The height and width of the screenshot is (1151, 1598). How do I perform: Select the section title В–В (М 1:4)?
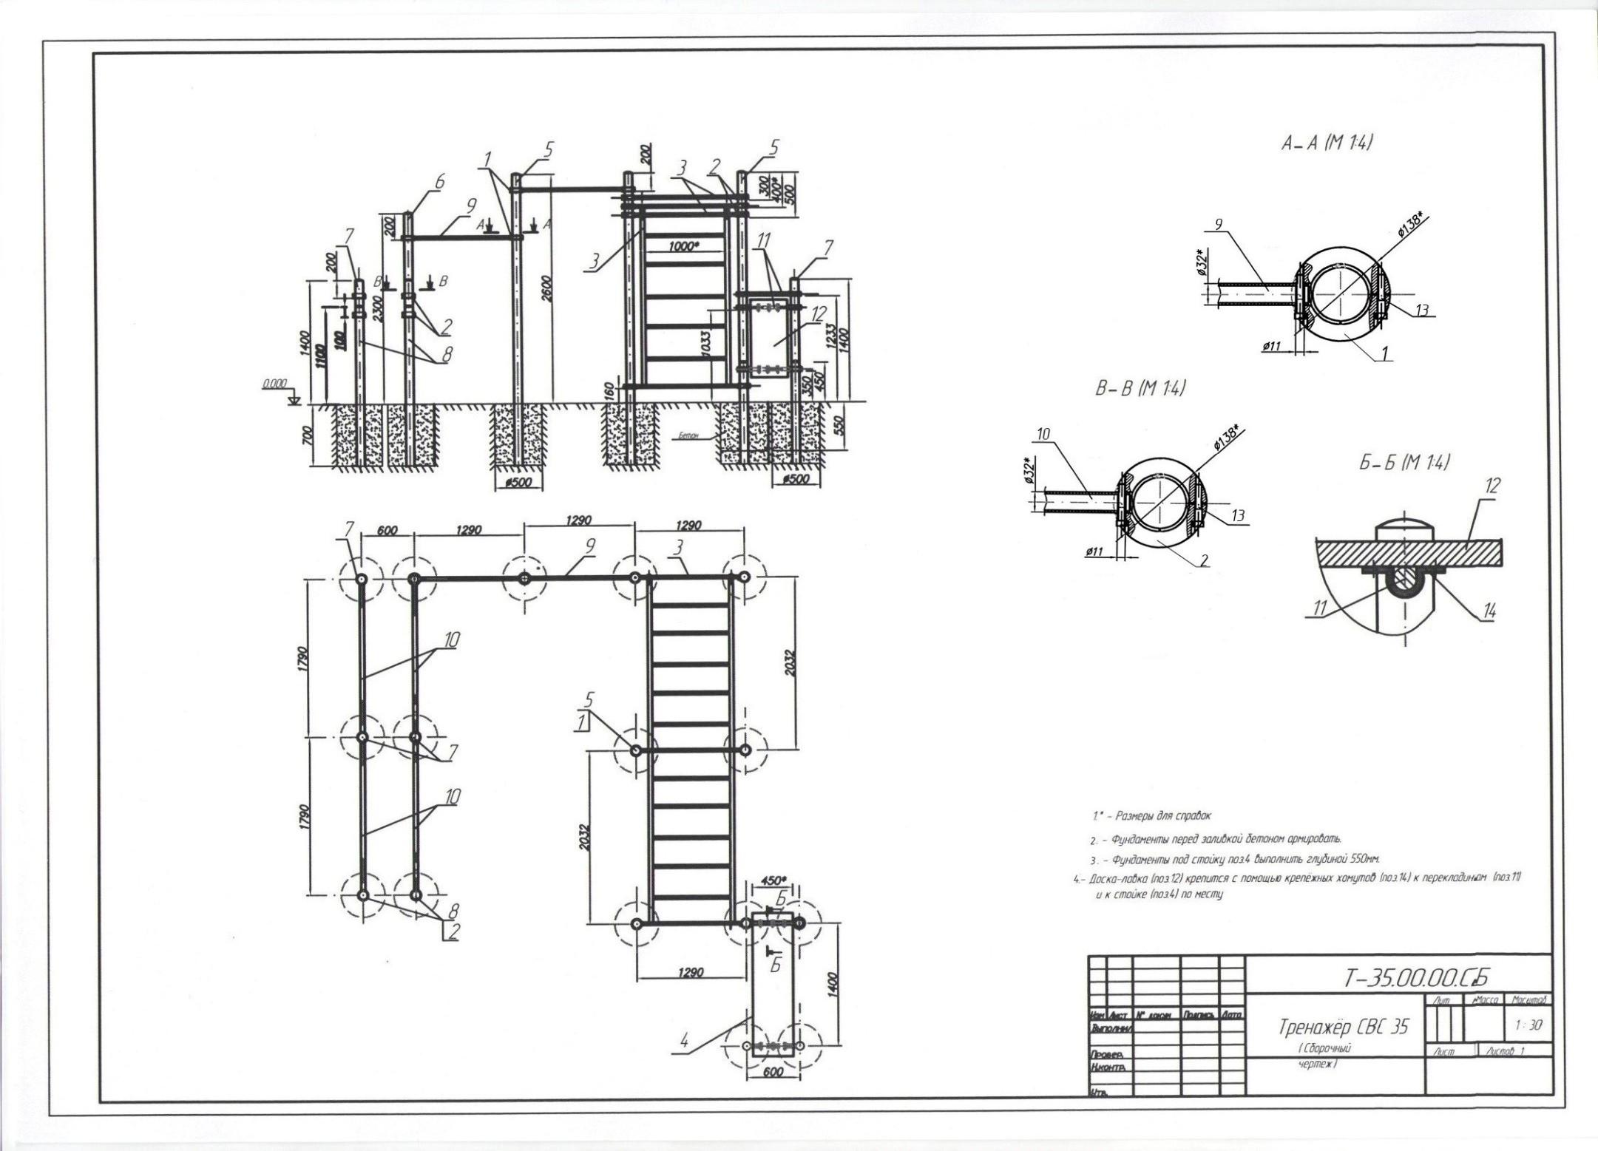tap(1140, 389)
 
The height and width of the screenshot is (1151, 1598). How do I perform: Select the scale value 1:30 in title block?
tap(1528, 1026)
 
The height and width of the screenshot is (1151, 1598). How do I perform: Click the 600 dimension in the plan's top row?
tap(387, 530)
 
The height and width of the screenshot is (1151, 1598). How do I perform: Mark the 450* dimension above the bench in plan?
tap(773, 880)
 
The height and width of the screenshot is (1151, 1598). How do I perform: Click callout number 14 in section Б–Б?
tap(1489, 611)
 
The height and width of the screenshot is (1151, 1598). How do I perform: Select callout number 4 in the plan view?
tap(684, 1043)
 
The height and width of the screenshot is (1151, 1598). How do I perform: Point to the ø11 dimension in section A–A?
tap(1271, 346)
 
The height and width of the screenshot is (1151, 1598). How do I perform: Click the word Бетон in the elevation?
tap(688, 437)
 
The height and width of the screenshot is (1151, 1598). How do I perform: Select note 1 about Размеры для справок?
tap(1152, 816)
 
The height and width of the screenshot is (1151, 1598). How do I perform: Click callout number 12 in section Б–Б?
tap(1492, 486)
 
